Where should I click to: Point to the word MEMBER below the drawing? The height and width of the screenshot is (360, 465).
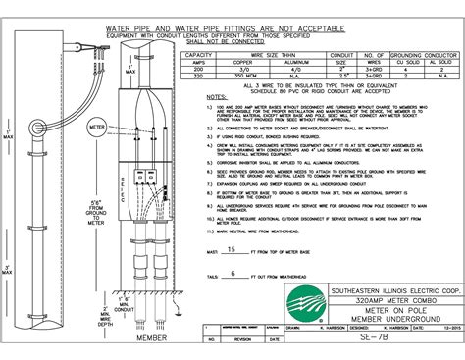pos(152,337)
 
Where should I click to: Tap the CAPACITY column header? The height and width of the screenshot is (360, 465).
pos(204,55)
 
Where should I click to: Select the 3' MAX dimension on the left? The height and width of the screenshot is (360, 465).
pos(12,269)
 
